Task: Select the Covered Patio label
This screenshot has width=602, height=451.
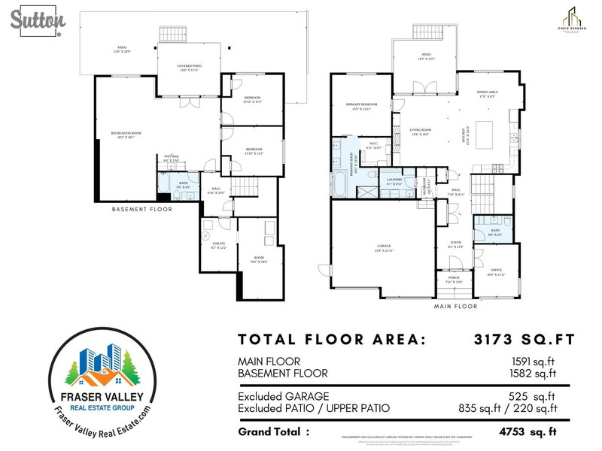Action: (x=189, y=66)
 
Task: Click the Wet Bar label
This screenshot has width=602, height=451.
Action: (x=172, y=158)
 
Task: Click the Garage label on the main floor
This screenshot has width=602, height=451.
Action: (x=383, y=247)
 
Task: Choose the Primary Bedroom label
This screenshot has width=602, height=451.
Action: (x=360, y=104)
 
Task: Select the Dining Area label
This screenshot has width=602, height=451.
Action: (x=488, y=92)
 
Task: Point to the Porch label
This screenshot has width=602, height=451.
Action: (x=454, y=279)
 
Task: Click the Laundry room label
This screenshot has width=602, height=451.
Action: (x=394, y=180)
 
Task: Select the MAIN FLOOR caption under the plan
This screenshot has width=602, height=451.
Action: (x=455, y=307)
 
